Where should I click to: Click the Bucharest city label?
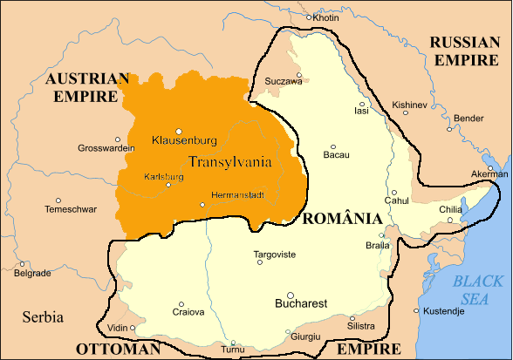300,304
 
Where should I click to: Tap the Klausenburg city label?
183,140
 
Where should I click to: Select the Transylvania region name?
229,161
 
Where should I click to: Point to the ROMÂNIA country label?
341,218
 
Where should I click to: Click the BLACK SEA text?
478,289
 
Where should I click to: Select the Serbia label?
44,316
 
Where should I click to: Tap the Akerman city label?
489,174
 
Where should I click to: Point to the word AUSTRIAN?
86,78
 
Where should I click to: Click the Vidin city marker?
132,328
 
